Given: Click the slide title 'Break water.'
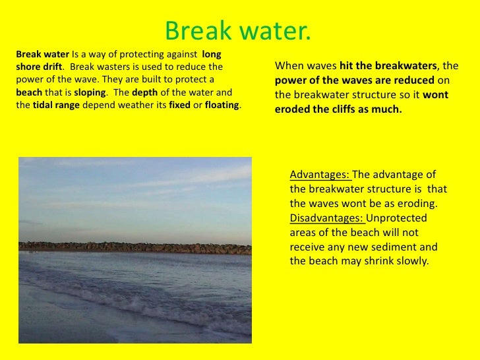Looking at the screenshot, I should (237, 29).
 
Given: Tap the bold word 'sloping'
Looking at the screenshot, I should (91, 92).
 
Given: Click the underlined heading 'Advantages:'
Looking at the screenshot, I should (320, 175).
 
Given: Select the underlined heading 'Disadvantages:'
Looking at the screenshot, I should (326, 218).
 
